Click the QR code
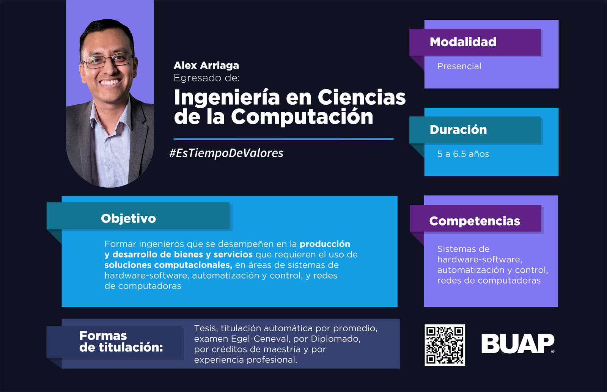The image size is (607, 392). pyautogui.click(x=445, y=345)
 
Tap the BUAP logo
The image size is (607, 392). pyautogui.click(x=518, y=343)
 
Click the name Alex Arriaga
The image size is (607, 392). pyautogui.click(x=206, y=66)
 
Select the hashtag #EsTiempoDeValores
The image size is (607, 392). pyautogui.click(x=226, y=153)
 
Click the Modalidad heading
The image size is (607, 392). pyautogui.click(x=463, y=42)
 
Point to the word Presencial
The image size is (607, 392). pyautogui.click(x=459, y=66)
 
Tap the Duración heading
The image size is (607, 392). pyautogui.click(x=458, y=130)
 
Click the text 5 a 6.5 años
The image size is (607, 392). pyautogui.click(x=463, y=154)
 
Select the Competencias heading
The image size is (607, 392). pyautogui.click(x=475, y=221)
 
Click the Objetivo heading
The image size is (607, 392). pyautogui.click(x=129, y=218)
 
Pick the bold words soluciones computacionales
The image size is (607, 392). pyautogui.click(x=168, y=265)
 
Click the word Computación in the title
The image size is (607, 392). pyautogui.click(x=302, y=117)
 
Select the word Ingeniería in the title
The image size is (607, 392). pyautogui.click(x=227, y=98)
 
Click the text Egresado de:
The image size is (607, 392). pyautogui.click(x=207, y=78)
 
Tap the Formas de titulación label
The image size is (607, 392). pyautogui.click(x=121, y=342)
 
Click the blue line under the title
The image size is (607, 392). pyautogui.click(x=283, y=139)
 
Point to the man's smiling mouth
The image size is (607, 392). pyautogui.click(x=110, y=82)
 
